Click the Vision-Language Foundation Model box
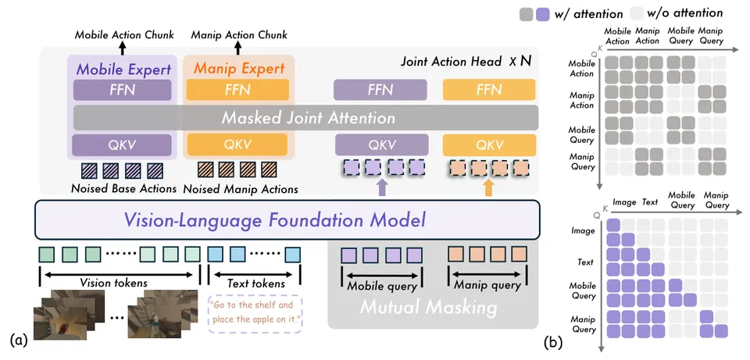(287, 219)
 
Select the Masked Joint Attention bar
(305, 118)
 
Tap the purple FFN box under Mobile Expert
(123, 90)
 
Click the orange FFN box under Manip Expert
(237, 90)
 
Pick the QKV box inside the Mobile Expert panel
(123, 145)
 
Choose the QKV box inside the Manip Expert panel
(237, 145)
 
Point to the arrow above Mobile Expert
(123, 48)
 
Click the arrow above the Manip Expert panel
(238, 48)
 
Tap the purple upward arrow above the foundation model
(381, 187)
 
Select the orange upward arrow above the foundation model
(488, 187)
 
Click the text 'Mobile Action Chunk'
(124, 35)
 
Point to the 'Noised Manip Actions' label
(241, 189)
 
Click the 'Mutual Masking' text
(429, 308)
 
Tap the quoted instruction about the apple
(255, 312)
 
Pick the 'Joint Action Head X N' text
(466, 61)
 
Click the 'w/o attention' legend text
(689, 12)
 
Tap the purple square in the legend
(542, 14)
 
